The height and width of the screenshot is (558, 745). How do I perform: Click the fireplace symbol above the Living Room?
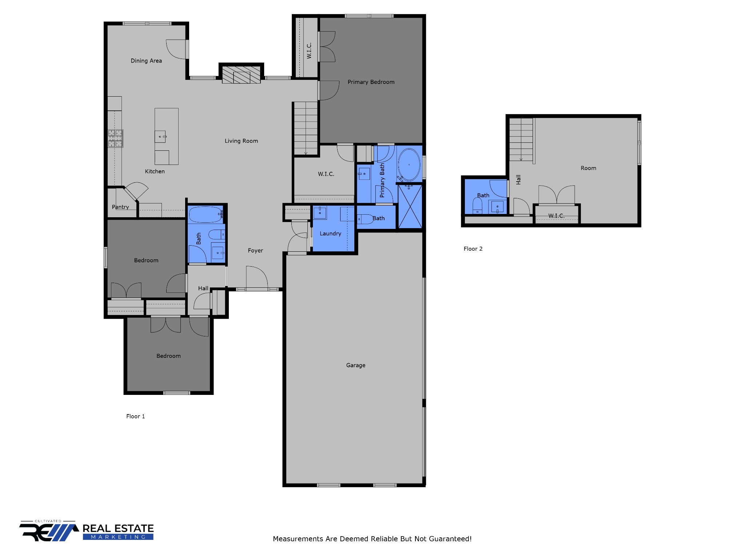tap(241, 75)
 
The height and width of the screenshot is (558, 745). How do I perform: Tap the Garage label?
tap(355, 365)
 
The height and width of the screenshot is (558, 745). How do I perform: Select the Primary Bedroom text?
tap(371, 82)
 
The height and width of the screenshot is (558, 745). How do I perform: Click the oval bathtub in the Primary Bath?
tap(409, 165)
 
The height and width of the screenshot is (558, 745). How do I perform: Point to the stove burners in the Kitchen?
tap(115, 138)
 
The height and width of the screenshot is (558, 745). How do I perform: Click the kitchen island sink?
tap(160, 137)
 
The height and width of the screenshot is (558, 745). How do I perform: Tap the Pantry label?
tap(120, 207)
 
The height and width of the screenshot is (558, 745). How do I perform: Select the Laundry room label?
tap(330, 234)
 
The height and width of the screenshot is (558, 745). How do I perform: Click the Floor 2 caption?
tap(473, 249)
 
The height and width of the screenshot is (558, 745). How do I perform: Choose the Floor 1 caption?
tap(135, 416)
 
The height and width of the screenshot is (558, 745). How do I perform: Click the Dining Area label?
tap(146, 61)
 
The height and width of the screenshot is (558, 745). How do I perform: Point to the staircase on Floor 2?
tap(521, 139)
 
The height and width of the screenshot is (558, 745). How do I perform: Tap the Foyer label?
tap(255, 251)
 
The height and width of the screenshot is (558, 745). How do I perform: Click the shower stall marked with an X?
tap(410, 207)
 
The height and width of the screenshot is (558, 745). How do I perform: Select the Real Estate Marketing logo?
tap(87, 531)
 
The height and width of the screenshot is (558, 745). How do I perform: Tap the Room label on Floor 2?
tap(588, 168)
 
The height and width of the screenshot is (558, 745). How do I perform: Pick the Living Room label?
tap(241, 141)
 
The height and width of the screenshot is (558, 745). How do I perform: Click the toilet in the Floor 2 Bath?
tap(477, 206)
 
